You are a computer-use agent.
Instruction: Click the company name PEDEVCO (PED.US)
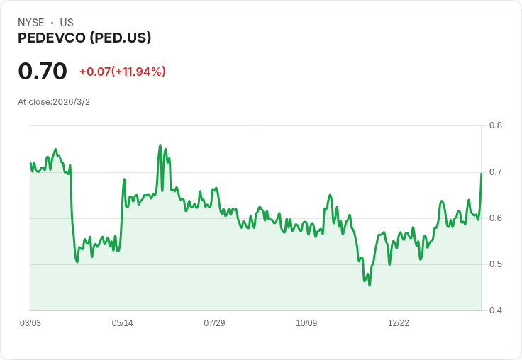point(84,38)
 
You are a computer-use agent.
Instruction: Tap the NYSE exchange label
point(31,23)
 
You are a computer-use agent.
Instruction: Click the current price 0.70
point(43,71)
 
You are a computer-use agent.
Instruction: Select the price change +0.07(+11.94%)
point(122,72)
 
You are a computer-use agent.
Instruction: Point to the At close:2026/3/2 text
point(54,102)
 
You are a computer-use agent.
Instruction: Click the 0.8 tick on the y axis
point(496,125)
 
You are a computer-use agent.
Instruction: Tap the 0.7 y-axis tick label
point(496,171)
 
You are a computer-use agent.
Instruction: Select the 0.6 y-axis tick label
point(496,218)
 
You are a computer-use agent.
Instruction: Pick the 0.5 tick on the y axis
point(496,264)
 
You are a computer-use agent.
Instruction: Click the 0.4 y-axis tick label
point(496,310)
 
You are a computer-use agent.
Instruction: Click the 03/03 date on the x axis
point(30,323)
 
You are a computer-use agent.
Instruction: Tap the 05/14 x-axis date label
point(123,323)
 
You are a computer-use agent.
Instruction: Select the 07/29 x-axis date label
point(214,323)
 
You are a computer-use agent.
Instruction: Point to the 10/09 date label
point(306,323)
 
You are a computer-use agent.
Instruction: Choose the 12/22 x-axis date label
point(399,323)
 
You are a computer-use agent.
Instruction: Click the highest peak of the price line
point(160,145)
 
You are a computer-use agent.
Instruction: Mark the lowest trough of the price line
point(370,285)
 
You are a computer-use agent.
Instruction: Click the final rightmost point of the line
point(482,173)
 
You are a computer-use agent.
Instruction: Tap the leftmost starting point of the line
point(30,164)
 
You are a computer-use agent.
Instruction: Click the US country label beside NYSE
point(67,23)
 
